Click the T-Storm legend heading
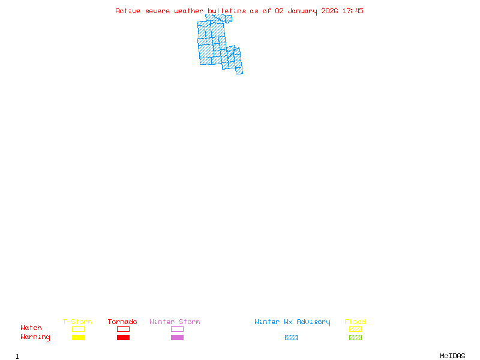pos(77,322)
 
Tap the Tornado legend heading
pos(122,322)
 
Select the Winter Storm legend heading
pos(175,322)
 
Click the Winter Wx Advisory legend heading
pos(292,322)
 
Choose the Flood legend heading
pos(355,322)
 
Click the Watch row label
pos(31,328)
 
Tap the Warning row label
pos(35,337)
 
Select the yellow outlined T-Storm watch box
pos(78,329)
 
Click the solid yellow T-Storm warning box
pos(78,338)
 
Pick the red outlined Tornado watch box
pos(123,329)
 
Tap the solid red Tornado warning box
pos(123,338)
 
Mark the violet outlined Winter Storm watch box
pos(177,329)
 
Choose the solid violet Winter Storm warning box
pos(177,338)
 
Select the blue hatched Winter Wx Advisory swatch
pos(291,338)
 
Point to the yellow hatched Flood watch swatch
pos(355,329)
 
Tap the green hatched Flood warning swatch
pos(355,338)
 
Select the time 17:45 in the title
pos(353,11)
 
